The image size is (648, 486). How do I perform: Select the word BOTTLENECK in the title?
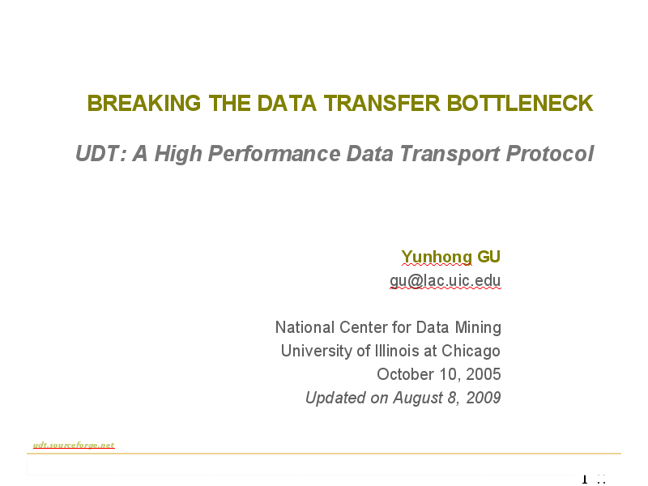[x=520, y=103]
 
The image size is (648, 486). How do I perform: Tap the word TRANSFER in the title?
[x=382, y=103]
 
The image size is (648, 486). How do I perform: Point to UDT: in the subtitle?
[x=100, y=153]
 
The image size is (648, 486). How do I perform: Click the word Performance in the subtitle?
[x=275, y=153]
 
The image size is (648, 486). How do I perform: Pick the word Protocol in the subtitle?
[x=550, y=153]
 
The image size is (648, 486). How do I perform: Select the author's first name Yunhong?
[x=437, y=257]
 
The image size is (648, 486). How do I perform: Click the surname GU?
[x=489, y=257]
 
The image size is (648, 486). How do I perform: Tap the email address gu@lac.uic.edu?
[x=445, y=280]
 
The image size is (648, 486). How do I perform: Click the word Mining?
[x=478, y=328]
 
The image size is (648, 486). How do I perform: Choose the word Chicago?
[x=471, y=351]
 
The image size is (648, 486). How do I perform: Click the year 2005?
[x=483, y=374]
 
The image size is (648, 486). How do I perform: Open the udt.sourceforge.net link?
[x=74, y=445]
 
